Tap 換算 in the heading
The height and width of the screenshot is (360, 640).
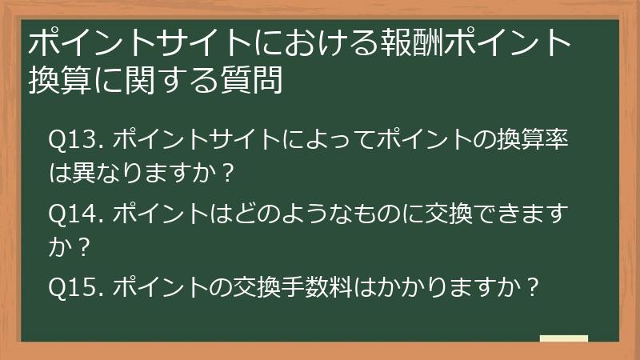click(x=57, y=79)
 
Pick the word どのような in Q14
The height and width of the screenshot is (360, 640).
click(x=281, y=214)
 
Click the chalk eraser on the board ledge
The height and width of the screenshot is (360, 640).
click(x=563, y=339)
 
